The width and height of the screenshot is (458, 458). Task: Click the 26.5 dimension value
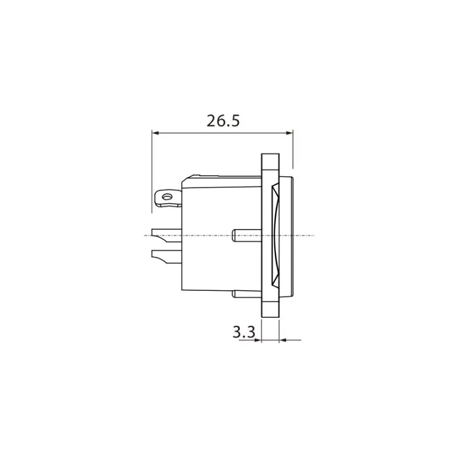223,121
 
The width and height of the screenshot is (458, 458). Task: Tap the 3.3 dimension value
244,332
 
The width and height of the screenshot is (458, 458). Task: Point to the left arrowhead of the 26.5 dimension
155,133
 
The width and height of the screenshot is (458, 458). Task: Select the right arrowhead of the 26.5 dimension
289,133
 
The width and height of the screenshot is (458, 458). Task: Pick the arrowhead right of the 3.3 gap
283,340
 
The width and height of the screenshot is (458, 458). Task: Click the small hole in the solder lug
167,197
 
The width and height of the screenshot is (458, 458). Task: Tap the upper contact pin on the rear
167,236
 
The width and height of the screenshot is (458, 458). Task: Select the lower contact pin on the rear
167,257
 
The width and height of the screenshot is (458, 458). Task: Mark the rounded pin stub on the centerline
247,235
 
